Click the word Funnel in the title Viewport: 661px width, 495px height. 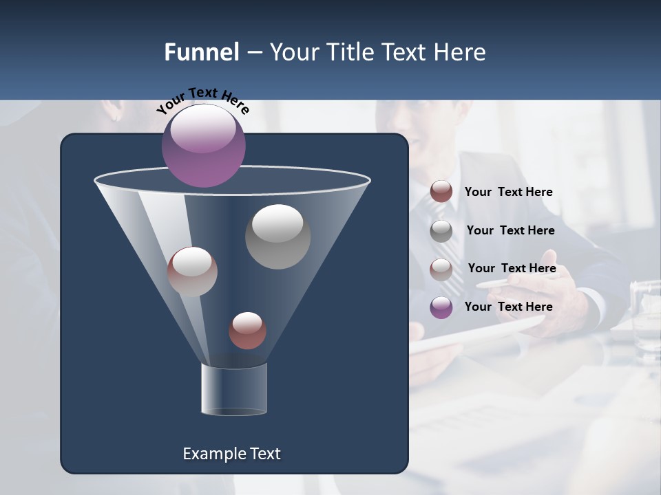click(x=201, y=52)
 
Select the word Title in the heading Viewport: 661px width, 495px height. click(x=346, y=52)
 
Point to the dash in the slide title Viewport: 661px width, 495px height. click(x=254, y=53)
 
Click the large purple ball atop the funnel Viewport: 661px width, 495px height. click(x=203, y=145)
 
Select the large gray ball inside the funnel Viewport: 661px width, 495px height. click(x=277, y=236)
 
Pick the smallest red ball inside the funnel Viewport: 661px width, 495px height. click(x=247, y=331)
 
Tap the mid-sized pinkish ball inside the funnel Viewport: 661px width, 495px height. click(x=192, y=272)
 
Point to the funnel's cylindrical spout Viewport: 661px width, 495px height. click(x=234, y=389)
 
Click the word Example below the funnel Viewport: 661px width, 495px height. click(x=214, y=454)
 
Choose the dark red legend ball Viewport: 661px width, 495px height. click(x=441, y=192)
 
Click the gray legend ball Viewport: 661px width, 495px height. click(x=441, y=231)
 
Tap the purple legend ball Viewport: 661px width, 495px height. click(x=441, y=307)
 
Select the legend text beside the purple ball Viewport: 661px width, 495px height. click(x=509, y=307)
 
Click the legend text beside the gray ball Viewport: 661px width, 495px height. click(x=510, y=230)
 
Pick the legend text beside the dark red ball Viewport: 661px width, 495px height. click(x=509, y=192)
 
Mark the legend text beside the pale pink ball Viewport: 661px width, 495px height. click(x=512, y=268)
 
